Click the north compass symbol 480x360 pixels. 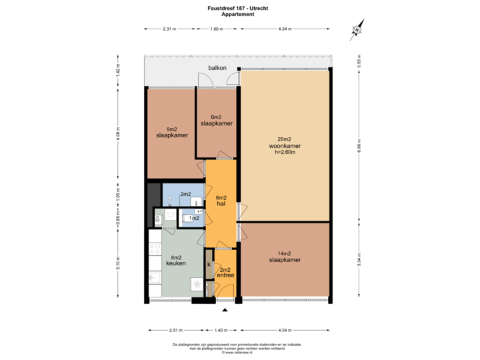point(358,29)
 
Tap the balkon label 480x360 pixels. point(217,68)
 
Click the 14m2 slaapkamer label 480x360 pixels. point(285,257)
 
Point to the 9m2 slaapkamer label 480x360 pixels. point(171,132)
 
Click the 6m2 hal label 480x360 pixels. point(221,201)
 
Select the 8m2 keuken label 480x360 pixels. point(175,260)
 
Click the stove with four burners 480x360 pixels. point(155,249)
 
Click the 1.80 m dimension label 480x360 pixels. point(216,29)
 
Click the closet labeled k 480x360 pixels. point(209,265)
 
